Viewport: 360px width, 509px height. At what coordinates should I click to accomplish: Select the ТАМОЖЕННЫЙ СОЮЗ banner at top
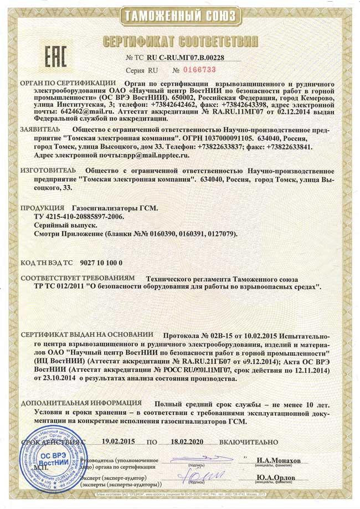(x=180, y=15)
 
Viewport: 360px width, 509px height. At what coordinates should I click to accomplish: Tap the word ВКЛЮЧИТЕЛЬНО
(x=248, y=442)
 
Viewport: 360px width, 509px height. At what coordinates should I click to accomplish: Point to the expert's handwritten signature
(x=199, y=476)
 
